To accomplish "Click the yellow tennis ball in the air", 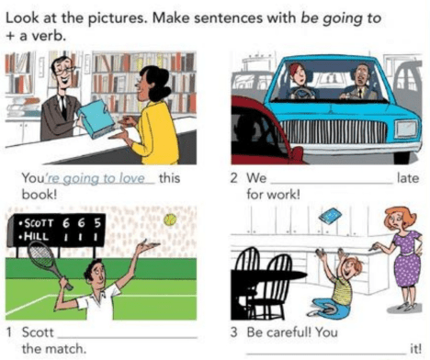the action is (x=170, y=219).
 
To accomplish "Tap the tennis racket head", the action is (x=40, y=254).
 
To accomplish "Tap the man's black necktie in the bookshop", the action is (x=63, y=107).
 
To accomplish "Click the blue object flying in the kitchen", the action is (x=330, y=216).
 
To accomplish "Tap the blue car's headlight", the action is (x=406, y=129).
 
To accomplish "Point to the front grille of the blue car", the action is (x=333, y=131).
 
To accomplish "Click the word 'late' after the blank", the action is (x=408, y=178).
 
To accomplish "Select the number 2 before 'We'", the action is (x=234, y=178).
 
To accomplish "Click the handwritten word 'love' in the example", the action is (x=132, y=178).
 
